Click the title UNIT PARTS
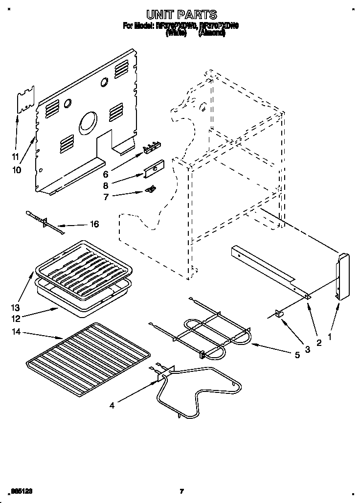[x=180, y=15]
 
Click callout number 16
[x=94, y=225]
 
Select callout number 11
[x=15, y=157]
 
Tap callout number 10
[x=17, y=170]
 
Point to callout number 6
[x=104, y=173]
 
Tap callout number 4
[x=112, y=405]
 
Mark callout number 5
[x=297, y=356]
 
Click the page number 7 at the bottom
[x=181, y=491]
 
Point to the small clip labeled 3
[x=280, y=314]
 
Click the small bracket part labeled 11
[x=26, y=101]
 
